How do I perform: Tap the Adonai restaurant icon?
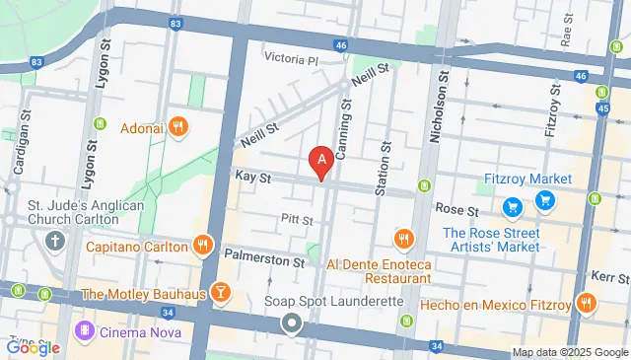pyautogui.click(x=178, y=126)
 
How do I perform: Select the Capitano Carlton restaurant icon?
pyautogui.click(x=203, y=246)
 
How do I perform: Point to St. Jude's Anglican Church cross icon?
pyautogui.click(x=53, y=240)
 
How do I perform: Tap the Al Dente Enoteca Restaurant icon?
pyautogui.click(x=403, y=239)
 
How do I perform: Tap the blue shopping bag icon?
pyautogui.click(x=513, y=207)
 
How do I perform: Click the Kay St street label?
pyautogui.click(x=253, y=176)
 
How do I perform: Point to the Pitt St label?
pyautogui.click(x=297, y=219)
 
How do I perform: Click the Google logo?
pyautogui.click(x=33, y=347)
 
